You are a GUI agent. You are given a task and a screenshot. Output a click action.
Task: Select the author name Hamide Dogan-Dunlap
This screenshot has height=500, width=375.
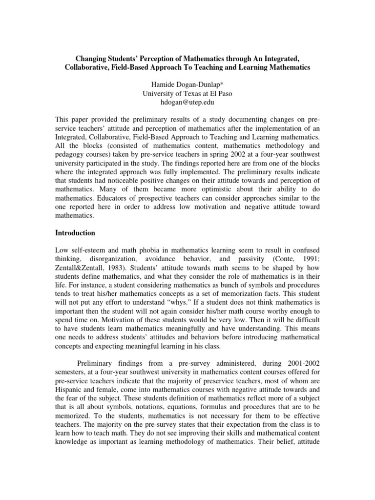[x=187, y=84]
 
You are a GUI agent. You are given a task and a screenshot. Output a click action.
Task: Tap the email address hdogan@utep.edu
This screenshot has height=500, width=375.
[x=187, y=103]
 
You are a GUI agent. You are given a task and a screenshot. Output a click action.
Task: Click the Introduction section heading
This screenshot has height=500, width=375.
[x=75, y=233]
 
